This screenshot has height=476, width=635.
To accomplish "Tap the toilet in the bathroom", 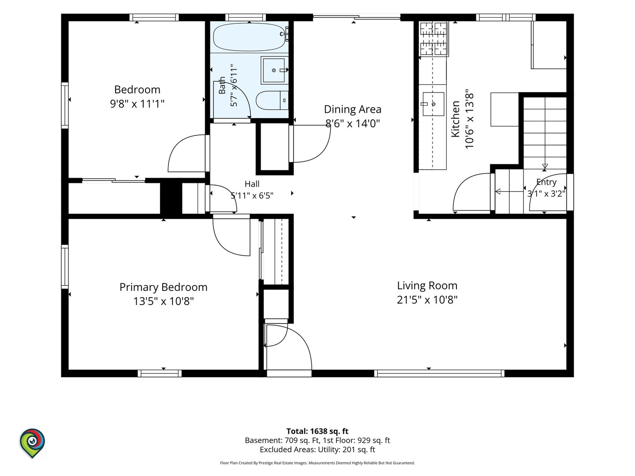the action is coord(272,100).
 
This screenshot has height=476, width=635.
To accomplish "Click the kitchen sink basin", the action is coord(433,104).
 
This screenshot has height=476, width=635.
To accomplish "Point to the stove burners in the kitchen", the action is coord(433,39).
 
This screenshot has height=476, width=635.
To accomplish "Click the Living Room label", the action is coord(427,286).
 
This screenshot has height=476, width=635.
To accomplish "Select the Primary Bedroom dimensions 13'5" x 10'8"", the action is coord(164,301).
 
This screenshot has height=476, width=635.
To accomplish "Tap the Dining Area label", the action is coord(353,109).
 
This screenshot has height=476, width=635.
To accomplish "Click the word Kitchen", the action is coord(456,119).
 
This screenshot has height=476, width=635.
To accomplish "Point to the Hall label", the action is coord(252,184).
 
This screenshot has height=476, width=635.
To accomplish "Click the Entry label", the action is coord(546,182).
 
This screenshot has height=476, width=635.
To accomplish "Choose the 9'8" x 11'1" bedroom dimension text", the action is coord(137,104).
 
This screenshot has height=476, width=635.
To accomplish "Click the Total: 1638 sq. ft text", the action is coord(317,431).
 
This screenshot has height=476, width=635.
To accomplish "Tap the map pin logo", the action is coord(32,443).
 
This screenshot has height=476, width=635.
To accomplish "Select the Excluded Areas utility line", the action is coord(317,450).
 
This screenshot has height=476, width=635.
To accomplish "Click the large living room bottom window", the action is coord(439,373).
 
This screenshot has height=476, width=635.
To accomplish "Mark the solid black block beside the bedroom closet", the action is coord(171,198).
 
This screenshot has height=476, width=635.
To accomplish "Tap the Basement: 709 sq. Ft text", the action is coord(282,440).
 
